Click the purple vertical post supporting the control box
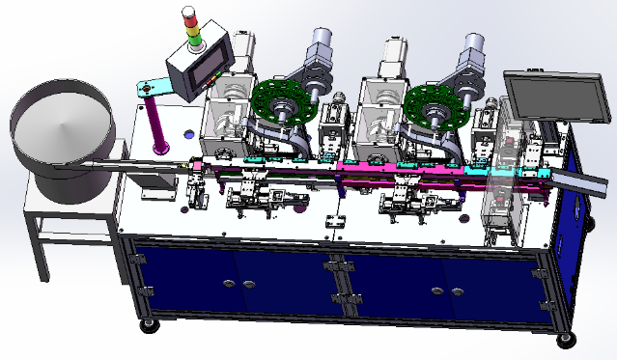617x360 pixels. pos(157,122)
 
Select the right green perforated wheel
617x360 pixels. pos(432,107)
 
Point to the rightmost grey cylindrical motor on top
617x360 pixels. pos(472,53)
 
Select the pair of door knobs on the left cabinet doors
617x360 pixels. pos(238,284)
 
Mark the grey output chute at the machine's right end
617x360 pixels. pos(574,182)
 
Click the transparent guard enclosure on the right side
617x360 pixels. pos(507,183)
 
